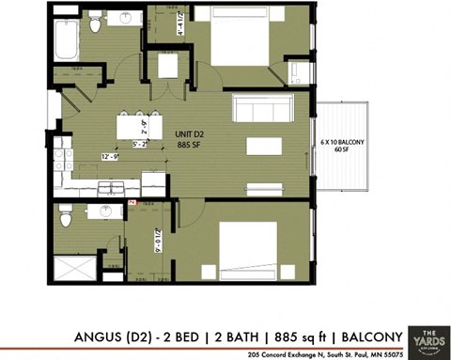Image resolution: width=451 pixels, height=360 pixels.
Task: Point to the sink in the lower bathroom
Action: [x=105, y=211]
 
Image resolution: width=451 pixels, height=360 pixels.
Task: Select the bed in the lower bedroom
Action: [x=247, y=246]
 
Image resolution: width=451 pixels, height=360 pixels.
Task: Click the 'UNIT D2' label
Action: [x=191, y=134]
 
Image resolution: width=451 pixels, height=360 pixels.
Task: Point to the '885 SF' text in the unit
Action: [x=191, y=145]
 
